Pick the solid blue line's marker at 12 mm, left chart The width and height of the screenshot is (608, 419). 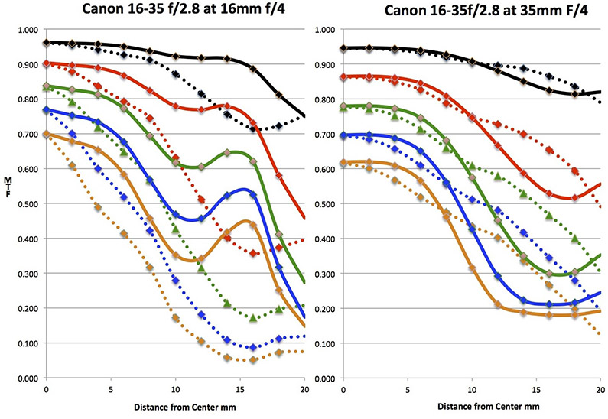pos(201,219)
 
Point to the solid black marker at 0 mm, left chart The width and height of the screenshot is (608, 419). pos(47,43)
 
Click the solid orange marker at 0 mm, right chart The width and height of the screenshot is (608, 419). pos(342,162)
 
